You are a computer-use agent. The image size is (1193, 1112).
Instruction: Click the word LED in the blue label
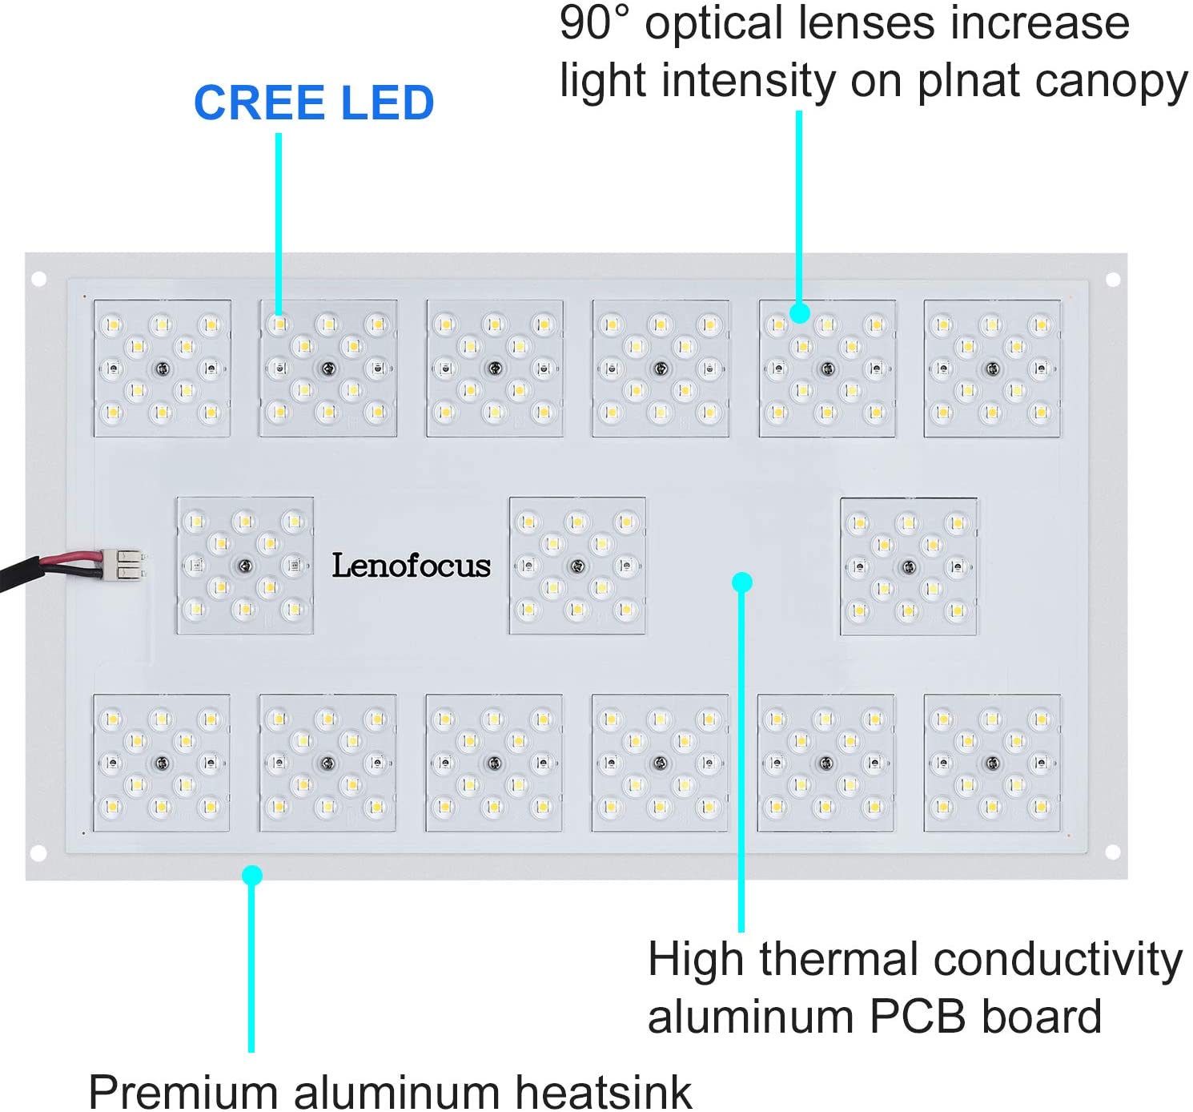(x=387, y=103)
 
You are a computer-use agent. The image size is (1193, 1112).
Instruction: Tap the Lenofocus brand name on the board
(x=411, y=566)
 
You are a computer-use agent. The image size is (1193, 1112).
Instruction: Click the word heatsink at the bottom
(x=604, y=1090)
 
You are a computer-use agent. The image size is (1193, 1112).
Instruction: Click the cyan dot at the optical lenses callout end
(x=799, y=312)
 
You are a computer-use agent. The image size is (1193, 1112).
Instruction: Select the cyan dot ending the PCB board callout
(x=742, y=582)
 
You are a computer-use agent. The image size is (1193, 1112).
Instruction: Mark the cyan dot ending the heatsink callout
(x=252, y=875)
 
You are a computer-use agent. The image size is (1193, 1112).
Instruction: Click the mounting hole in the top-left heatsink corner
(x=38, y=279)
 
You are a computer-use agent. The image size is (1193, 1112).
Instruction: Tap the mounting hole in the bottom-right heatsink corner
(x=1113, y=852)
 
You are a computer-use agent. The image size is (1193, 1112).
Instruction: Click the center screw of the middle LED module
(x=577, y=566)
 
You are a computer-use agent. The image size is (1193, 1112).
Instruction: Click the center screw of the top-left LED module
(x=163, y=369)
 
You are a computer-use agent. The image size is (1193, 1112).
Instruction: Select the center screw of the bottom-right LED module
(x=993, y=763)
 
